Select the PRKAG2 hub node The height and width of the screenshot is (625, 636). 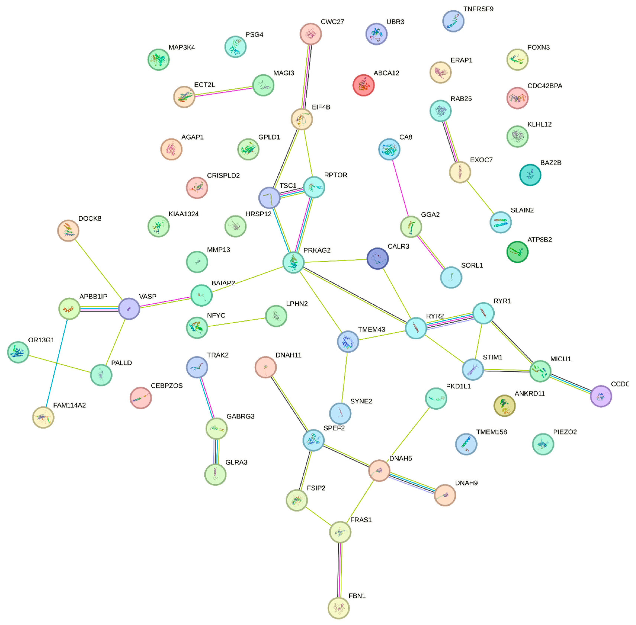click(293, 262)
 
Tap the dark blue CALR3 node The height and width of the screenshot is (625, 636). click(377, 258)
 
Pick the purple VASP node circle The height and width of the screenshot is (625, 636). click(129, 308)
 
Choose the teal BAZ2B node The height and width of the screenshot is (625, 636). click(530, 175)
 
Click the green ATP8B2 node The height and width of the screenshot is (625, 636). click(517, 252)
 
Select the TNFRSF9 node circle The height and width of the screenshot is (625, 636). click(453, 21)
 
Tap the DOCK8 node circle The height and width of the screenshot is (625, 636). click(68, 230)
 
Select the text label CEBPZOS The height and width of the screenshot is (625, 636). click(166, 386)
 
